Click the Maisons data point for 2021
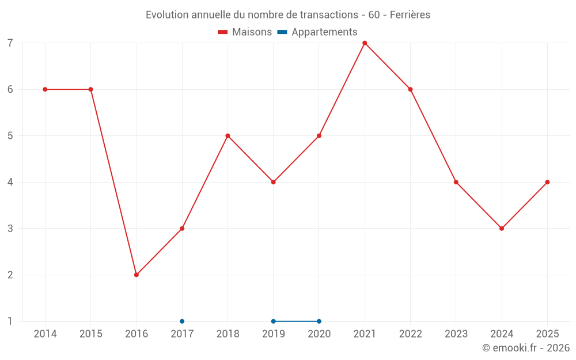coord(365,43)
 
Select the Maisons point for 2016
coord(137,275)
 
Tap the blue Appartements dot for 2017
coord(182,321)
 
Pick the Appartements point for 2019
coord(274,321)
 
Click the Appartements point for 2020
coord(319,321)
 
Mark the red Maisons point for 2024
coord(502,229)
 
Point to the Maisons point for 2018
coord(228,136)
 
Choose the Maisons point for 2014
coord(45,89)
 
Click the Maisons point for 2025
coord(547,182)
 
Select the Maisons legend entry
coord(245,32)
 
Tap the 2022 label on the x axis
coord(410,334)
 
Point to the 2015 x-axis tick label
coord(90,334)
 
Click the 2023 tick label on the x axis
coord(456,334)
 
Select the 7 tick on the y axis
coord(10,43)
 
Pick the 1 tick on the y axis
coord(10,321)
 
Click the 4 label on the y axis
coord(10,182)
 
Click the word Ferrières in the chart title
coord(410,15)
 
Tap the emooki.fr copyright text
coord(526,348)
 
